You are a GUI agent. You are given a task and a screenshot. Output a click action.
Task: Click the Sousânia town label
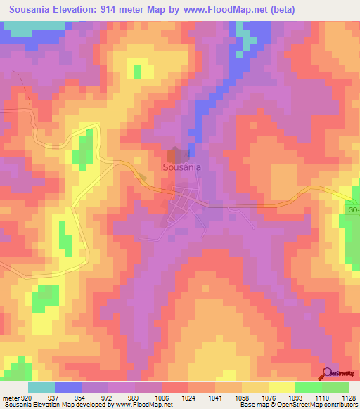point(182,168)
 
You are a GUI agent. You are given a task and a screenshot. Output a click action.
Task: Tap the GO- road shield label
point(353,209)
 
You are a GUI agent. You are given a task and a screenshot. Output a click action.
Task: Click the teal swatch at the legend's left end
point(41,387)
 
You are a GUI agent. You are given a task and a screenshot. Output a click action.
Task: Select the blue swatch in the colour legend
point(68,387)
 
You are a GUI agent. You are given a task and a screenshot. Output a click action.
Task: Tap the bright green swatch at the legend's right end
point(335,387)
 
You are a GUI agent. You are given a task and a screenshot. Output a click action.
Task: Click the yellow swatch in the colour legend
point(282,387)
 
